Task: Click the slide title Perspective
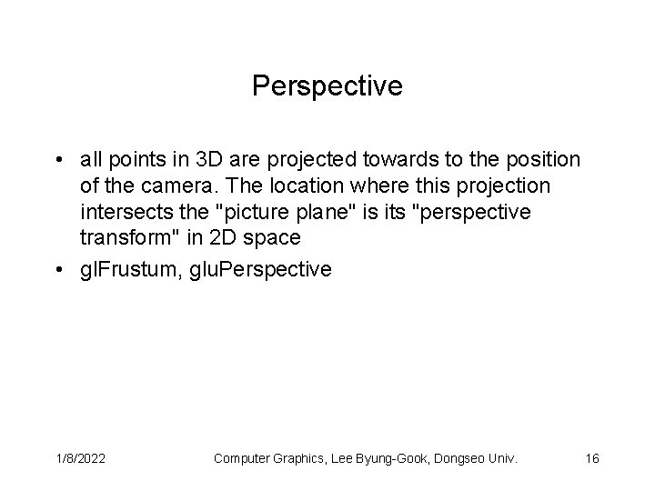click(327, 86)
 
